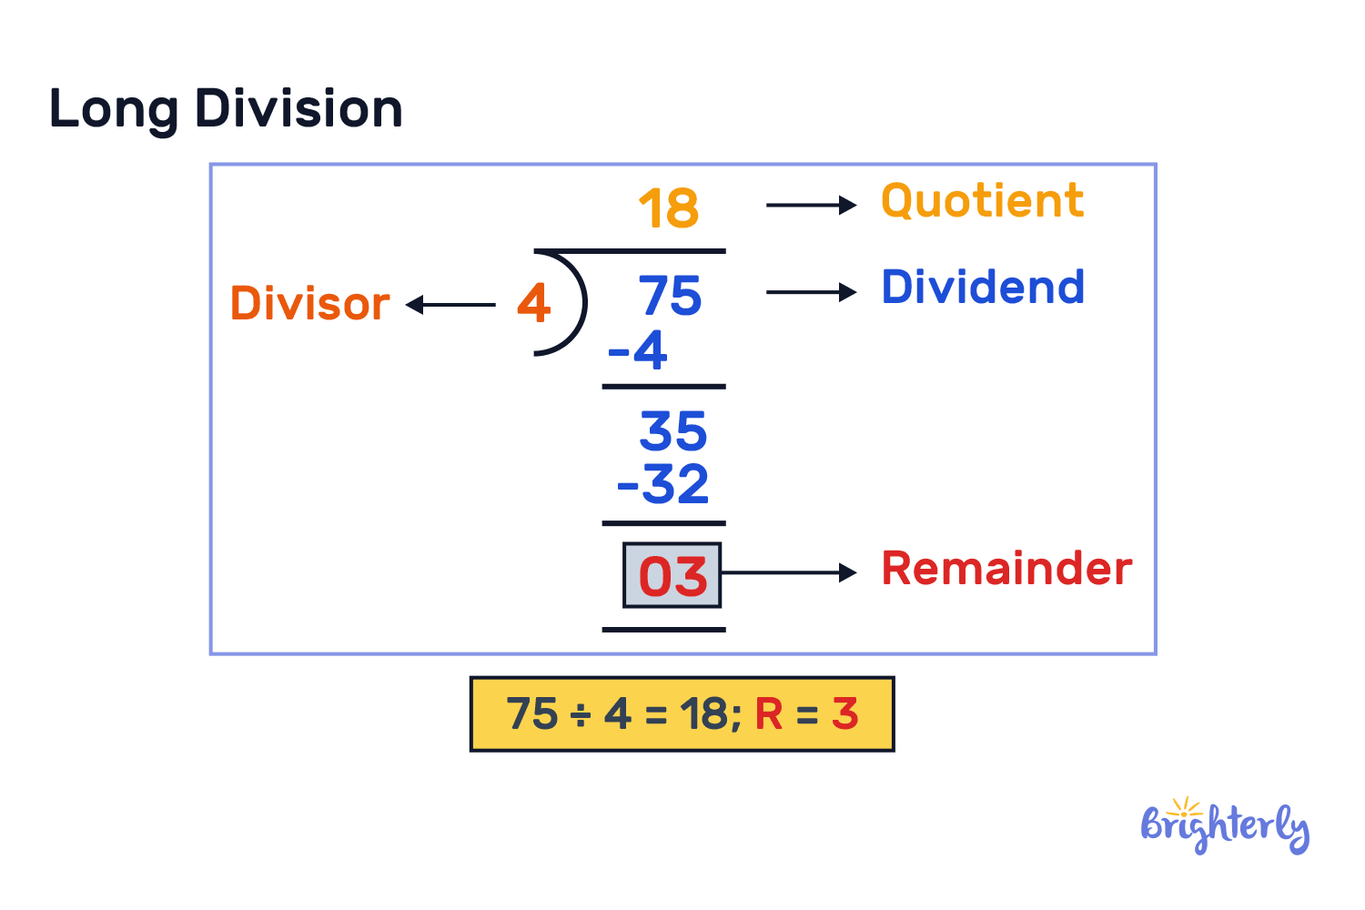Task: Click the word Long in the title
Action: coord(113,110)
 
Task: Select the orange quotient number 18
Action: coord(669,208)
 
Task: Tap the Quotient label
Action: coord(982,201)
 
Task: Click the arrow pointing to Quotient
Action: coord(811,206)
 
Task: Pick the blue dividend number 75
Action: coord(670,297)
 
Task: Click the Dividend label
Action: coord(983,288)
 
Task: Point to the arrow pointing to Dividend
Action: coord(811,292)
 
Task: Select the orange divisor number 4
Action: coord(534,303)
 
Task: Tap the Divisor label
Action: coord(309,303)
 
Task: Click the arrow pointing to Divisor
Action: coord(451,305)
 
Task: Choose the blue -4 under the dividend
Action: coord(638,350)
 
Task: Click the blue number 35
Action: coord(672,431)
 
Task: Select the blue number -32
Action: coord(663,484)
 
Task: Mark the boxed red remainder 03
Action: coord(672,576)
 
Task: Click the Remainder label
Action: coord(1006,569)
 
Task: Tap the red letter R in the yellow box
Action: coord(769,714)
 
